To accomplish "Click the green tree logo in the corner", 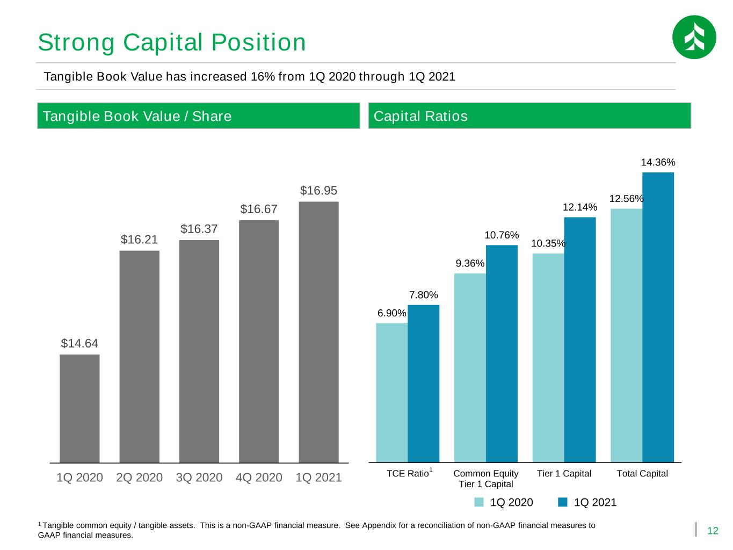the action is (694, 37).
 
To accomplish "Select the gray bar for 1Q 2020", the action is (79, 408).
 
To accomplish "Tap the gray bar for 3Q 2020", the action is (199, 351).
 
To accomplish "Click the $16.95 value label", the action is (318, 190).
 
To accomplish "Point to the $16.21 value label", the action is (139, 240).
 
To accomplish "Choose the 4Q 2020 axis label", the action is (259, 477).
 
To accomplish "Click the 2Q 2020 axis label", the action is (139, 477).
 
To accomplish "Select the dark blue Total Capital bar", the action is (658, 317).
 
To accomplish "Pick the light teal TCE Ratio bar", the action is (391, 393).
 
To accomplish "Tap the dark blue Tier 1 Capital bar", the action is (580, 339).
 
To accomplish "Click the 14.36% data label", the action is (658, 162).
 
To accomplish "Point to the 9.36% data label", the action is (470, 264).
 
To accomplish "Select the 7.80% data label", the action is (424, 295).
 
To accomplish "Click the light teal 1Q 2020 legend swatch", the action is (479, 502).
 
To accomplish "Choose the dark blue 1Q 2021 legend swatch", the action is (563, 502).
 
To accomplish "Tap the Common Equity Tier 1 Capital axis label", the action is (485, 479).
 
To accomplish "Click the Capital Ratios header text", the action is (420, 116).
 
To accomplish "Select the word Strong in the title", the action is (76, 43).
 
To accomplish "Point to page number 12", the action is (713, 531).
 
